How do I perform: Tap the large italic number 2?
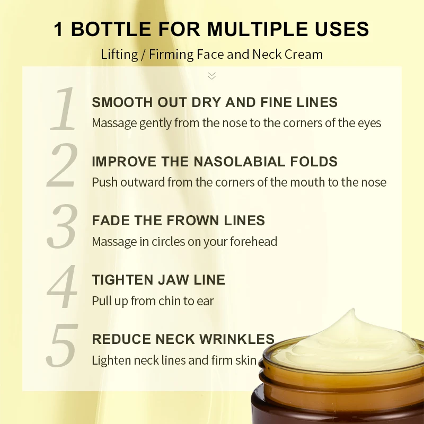click(63, 167)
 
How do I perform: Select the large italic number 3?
click(63, 227)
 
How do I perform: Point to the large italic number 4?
click(63, 286)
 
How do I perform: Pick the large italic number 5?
click(63, 346)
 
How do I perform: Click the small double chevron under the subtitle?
click(212, 76)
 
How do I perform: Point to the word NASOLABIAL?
click(250, 162)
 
